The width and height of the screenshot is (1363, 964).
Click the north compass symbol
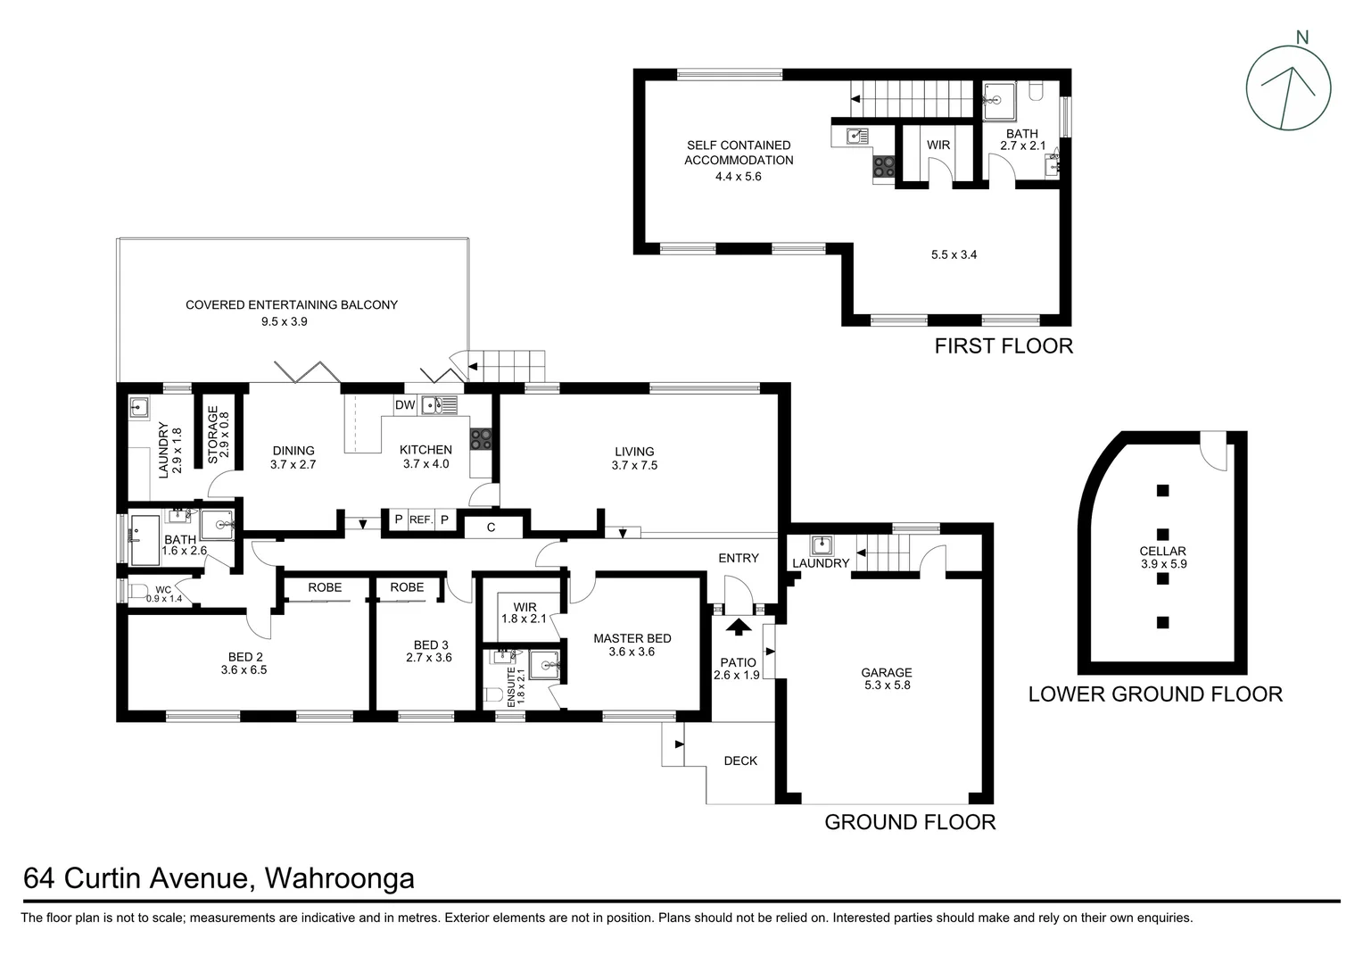tap(1288, 87)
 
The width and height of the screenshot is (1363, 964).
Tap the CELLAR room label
tap(1162, 552)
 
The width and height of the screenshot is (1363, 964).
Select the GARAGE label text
tap(886, 673)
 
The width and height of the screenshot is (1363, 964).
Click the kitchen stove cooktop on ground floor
tap(482, 438)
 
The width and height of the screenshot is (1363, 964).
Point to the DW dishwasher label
tap(405, 405)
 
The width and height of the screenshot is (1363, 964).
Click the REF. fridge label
tap(421, 519)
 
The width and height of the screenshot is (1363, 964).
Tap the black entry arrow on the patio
tap(738, 627)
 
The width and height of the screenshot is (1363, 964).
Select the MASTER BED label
tap(632, 638)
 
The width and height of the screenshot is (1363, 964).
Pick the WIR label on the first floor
tap(938, 145)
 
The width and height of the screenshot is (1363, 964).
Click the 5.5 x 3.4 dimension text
tap(954, 254)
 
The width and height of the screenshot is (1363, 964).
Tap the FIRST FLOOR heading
tap(1003, 346)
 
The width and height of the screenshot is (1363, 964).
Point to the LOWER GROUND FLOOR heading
tap(1155, 694)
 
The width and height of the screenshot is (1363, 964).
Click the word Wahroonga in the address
tap(340, 878)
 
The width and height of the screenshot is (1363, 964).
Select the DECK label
tap(740, 760)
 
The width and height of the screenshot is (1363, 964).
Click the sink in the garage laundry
tap(822, 544)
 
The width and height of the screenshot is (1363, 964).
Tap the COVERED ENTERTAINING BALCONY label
tap(292, 305)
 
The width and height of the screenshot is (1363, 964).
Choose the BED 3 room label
tap(431, 645)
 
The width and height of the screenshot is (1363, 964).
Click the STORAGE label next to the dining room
tap(213, 435)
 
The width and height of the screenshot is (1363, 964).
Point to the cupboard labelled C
tap(491, 528)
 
